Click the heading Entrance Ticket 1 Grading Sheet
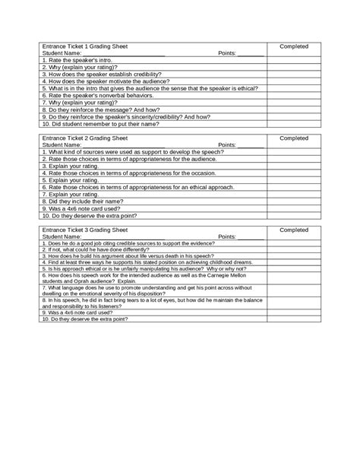pos(79,47)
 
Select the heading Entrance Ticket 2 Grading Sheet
pos(79,138)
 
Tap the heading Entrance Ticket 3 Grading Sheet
pos(79,229)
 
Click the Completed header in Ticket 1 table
pos(293,47)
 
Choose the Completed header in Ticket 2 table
pos(293,138)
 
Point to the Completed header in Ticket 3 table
pos(293,229)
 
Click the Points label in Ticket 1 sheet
pos(227,54)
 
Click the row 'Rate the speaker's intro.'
pos(76,61)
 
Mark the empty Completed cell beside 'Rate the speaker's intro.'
pos(293,61)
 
